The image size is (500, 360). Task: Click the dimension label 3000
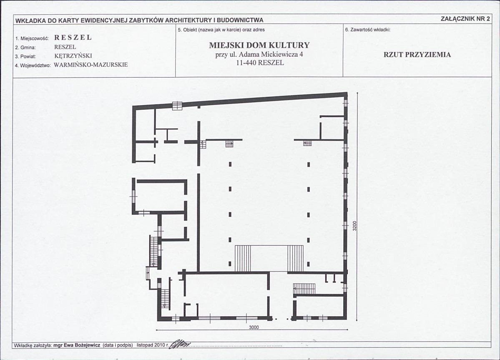pyautogui.click(x=254, y=327)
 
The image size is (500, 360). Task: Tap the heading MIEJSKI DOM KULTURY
pyautogui.click(x=259, y=45)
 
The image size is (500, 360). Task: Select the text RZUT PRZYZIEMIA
pyautogui.click(x=417, y=55)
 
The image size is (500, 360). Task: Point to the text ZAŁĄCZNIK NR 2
pyautogui.click(x=465, y=18)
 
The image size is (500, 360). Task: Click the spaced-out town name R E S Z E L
pyautogui.click(x=73, y=37)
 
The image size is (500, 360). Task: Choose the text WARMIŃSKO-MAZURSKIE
pyautogui.click(x=91, y=65)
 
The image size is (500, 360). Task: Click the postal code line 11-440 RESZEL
pyautogui.click(x=260, y=63)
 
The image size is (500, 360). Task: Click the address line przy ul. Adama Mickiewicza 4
pyautogui.click(x=259, y=54)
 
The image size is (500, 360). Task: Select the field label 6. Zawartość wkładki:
pyautogui.click(x=368, y=30)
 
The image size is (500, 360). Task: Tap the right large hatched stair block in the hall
pyautogui.click(x=295, y=259)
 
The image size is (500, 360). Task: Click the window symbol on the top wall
pyautogui.click(x=177, y=106)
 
